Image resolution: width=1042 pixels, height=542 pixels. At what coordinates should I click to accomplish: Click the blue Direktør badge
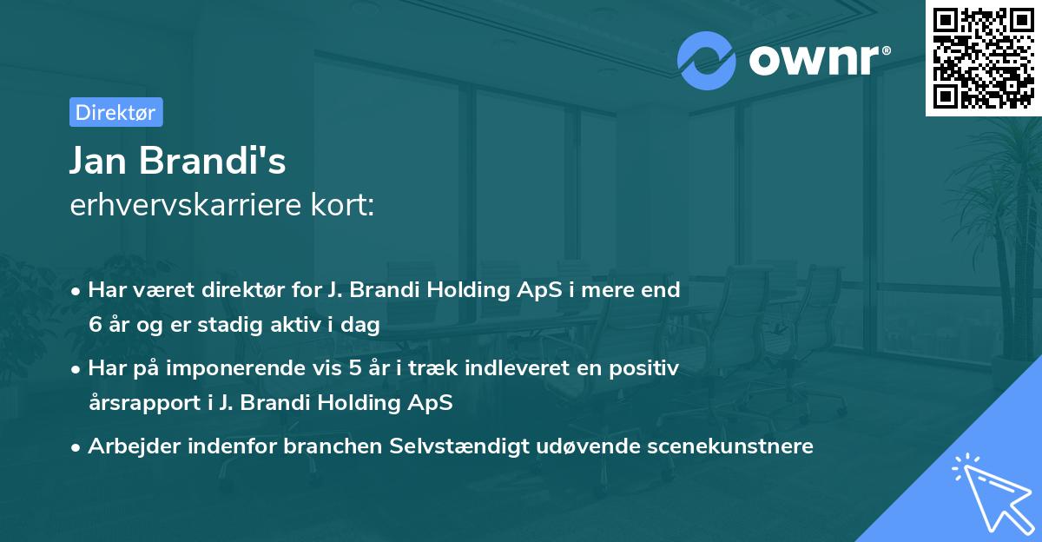(x=115, y=113)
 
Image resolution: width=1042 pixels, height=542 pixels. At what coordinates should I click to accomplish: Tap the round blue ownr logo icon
(x=705, y=61)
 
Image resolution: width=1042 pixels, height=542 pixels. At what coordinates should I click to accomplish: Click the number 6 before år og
(x=95, y=326)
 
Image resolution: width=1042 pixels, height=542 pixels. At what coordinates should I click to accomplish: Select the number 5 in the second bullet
(x=355, y=368)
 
